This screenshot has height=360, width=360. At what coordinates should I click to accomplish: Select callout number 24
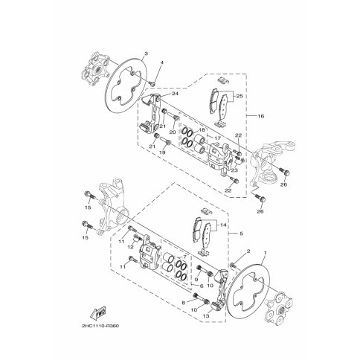[176, 94]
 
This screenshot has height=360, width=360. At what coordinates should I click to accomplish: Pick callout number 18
[202, 130]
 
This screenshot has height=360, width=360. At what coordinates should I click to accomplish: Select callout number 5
[241, 234]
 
